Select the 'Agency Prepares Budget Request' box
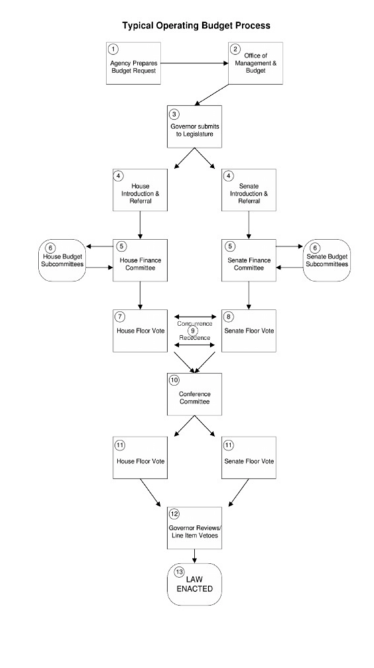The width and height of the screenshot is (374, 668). click(134, 63)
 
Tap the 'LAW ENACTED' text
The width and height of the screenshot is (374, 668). click(195, 583)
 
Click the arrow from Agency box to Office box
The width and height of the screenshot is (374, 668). click(195, 63)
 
